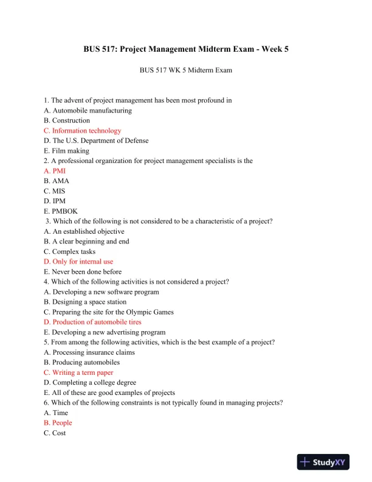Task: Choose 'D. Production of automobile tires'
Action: click(x=92, y=322)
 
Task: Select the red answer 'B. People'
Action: click(x=58, y=423)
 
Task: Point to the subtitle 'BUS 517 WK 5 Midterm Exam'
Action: click(x=185, y=71)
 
